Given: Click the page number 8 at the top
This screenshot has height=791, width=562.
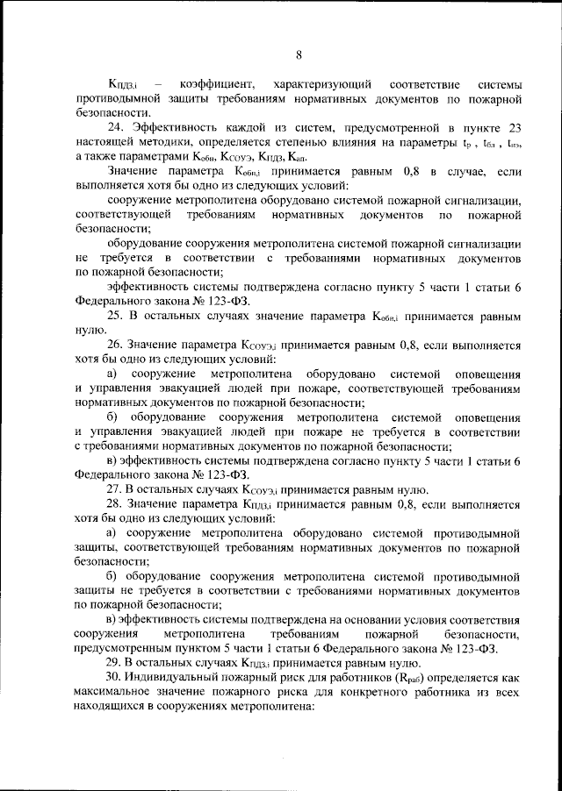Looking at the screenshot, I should pyautogui.click(x=298, y=55).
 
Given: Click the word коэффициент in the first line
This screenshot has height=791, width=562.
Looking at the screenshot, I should pyautogui.click(x=217, y=84).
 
